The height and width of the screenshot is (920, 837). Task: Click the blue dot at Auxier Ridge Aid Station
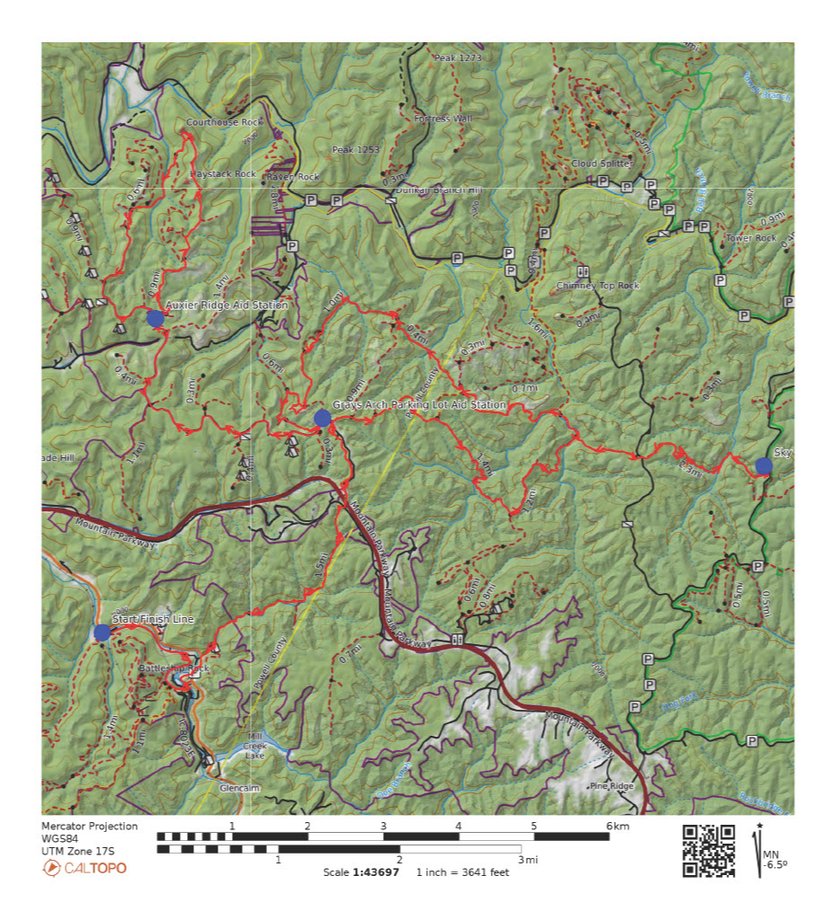(155, 317)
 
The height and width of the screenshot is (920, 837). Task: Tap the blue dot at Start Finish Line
(102, 632)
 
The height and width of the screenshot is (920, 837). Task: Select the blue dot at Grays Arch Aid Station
(322, 417)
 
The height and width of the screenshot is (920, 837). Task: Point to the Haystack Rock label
(223, 173)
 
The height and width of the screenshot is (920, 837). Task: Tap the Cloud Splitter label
(601, 164)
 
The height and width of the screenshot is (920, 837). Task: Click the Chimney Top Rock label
(598, 286)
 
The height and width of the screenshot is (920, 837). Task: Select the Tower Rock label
(751, 238)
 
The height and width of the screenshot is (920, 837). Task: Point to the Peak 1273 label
(458, 58)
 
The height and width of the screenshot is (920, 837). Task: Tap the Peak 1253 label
(355, 149)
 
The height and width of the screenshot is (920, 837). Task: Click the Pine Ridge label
(611, 786)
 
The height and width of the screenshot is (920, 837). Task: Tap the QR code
(708, 850)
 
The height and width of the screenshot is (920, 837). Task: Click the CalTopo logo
(85, 868)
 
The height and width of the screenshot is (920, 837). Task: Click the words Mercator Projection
(90, 826)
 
